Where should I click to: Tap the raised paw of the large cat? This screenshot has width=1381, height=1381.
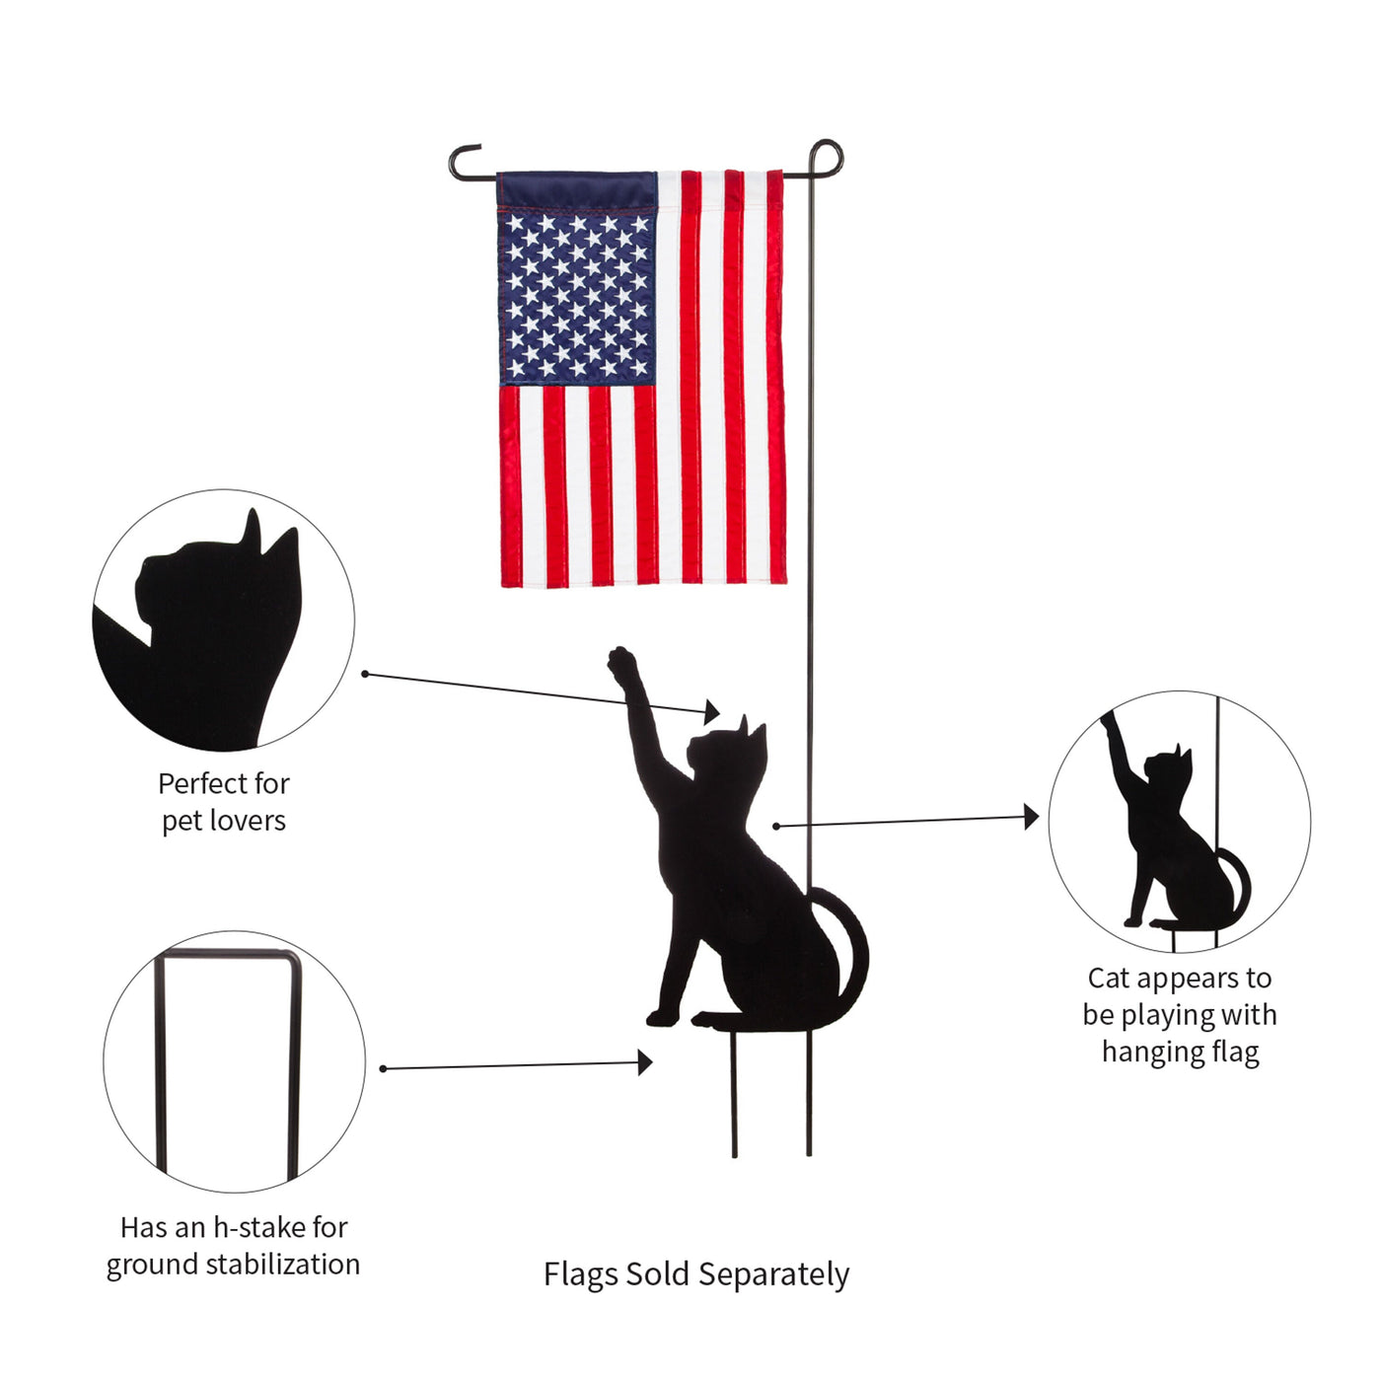coord(621,663)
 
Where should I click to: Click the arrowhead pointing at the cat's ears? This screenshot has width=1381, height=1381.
coord(711,711)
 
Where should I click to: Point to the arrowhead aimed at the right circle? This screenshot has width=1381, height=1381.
coord(1031,817)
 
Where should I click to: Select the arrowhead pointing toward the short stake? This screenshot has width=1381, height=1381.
coord(645,1062)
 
